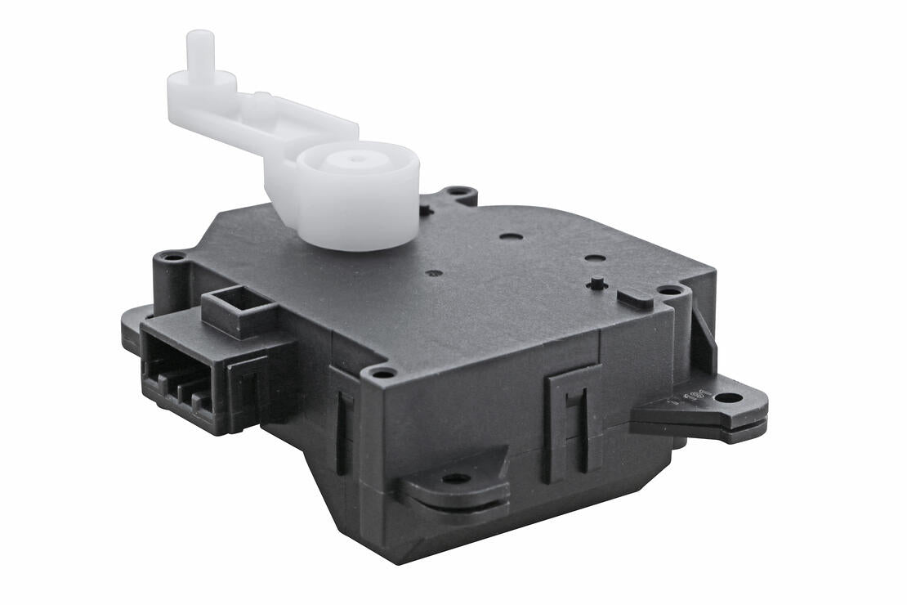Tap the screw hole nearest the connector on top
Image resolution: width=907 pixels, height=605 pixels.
tap(172, 257)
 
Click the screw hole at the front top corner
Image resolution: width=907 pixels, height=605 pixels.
tap(382, 374)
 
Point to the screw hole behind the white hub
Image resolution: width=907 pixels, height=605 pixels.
tap(460, 193)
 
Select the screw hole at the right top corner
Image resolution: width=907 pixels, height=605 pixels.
tap(669, 290)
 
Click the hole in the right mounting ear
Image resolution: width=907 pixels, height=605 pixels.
tap(728, 398)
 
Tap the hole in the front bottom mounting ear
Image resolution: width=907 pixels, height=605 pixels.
tap(455, 478)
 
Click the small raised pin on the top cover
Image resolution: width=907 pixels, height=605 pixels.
tap(597, 283)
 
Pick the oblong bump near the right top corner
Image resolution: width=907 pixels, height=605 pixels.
tap(634, 298)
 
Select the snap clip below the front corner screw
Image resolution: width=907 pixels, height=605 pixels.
tap(343, 425)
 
